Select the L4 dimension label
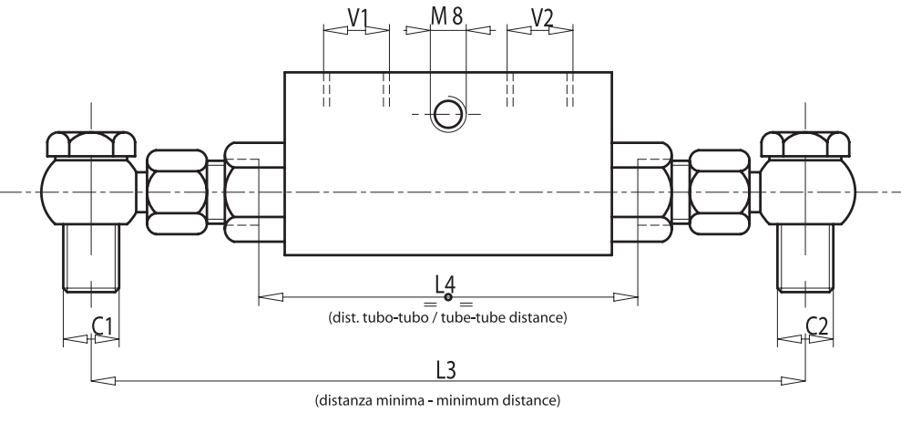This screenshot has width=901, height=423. pos(445,284)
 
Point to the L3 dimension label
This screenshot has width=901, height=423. pos(445,368)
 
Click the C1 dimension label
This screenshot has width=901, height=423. pos(102,325)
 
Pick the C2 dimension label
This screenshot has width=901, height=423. pos(817,325)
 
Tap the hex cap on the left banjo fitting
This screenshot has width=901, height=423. pos(90,144)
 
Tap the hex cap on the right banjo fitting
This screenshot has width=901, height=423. pos(805,144)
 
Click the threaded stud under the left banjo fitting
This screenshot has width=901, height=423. pos(90,259)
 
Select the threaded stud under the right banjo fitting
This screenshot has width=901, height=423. pos(805,259)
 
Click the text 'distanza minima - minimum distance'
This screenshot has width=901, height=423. pos(445,400)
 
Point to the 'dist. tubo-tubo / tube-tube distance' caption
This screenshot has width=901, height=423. pos(447,318)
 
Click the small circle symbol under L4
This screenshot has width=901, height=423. pos(447,298)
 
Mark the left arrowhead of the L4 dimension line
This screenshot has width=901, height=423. pos(271,296)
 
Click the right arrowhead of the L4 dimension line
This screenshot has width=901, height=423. pos(625,296)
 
